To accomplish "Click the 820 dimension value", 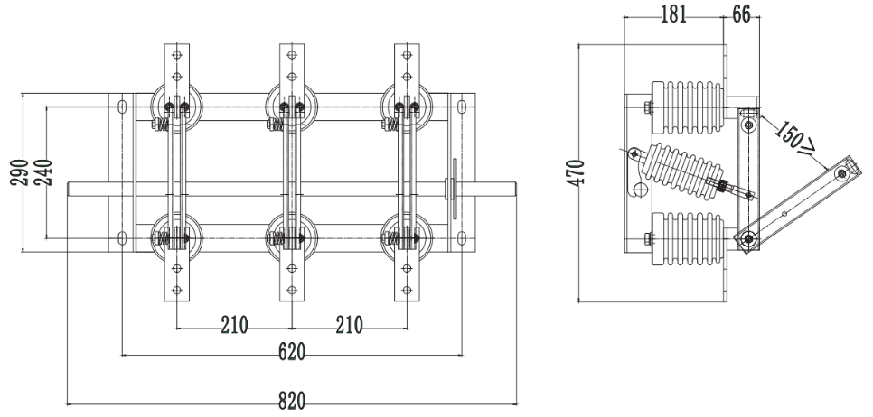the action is [x=292, y=401].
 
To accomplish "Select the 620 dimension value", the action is [x=292, y=351].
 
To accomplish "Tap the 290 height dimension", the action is [x=20, y=172].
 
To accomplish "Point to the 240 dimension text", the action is [x=42, y=172].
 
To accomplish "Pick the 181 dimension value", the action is [x=673, y=14].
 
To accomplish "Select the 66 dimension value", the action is [x=741, y=14].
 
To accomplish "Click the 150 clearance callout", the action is [x=795, y=137].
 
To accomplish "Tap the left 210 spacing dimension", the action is [x=234, y=325].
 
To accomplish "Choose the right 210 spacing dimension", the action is [x=349, y=325].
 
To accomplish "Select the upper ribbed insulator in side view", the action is [x=688, y=108].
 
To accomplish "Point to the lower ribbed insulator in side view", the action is [x=688, y=238].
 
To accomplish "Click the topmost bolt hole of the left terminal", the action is [x=177, y=55].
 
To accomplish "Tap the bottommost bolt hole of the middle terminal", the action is [x=292, y=290].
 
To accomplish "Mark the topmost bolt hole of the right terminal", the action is [x=407, y=55].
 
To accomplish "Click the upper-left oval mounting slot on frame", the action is [x=122, y=107].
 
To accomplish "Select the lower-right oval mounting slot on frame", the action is [x=461, y=238].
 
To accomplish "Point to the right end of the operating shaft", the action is [x=516, y=189].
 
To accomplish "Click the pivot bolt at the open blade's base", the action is [x=749, y=239].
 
